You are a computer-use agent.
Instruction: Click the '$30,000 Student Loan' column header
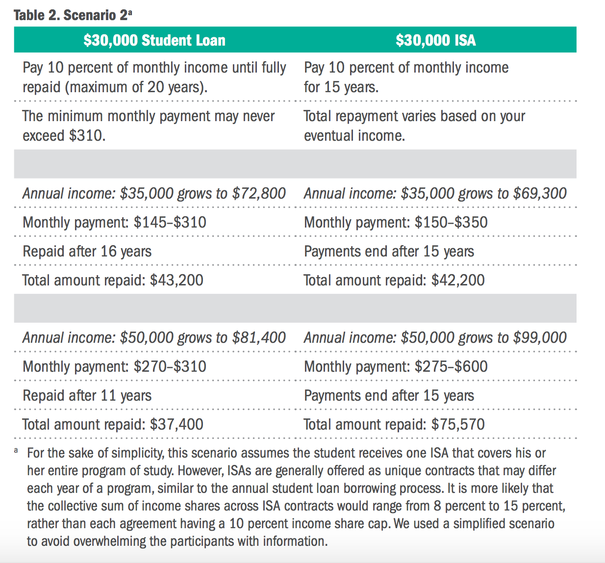click(154, 40)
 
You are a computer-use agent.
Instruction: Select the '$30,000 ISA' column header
click(436, 40)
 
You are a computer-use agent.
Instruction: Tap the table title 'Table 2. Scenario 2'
click(73, 15)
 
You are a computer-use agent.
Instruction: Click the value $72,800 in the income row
click(259, 194)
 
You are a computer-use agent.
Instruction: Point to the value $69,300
click(540, 194)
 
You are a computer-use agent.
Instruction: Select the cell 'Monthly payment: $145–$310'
click(115, 222)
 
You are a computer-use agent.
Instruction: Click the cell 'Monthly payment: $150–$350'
click(396, 222)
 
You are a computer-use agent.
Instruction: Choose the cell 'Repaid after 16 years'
click(87, 252)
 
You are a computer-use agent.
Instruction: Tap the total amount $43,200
click(176, 280)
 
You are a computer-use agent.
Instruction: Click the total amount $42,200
click(458, 280)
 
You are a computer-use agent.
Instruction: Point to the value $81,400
click(259, 338)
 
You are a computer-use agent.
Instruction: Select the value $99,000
click(540, 338)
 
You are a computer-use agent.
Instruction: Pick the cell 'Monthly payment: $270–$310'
click(115, 366)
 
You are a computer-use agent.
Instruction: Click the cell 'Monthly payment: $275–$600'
click(396, 366)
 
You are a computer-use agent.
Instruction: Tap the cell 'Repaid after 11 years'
click(87, 396)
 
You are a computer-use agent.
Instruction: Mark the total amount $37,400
click(176, 424)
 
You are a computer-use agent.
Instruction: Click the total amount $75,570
click(458, 424)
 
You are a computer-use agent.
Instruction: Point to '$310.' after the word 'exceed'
click(87, 136)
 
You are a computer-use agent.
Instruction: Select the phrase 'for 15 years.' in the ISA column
click(341, 87)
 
